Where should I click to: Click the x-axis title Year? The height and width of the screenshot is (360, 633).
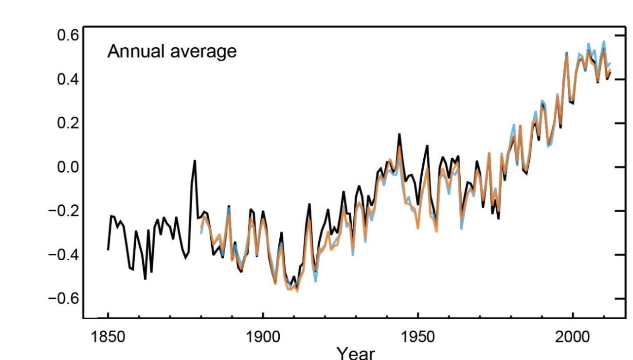point(355,353)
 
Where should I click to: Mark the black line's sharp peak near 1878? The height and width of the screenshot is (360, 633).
point(195,161)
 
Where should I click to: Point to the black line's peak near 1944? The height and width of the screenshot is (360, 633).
point(399,134)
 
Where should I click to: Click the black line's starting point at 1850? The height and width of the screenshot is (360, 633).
point(108,249)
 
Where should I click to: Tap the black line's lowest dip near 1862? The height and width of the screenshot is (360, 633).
point(145,279)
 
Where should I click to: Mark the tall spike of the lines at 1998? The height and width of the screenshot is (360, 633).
point(567,53)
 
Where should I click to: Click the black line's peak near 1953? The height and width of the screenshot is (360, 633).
point(427,145)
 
